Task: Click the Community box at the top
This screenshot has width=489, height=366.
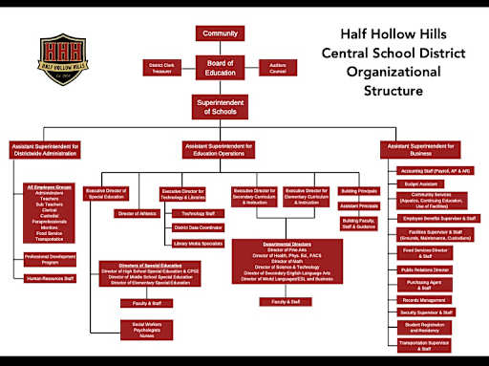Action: coord(220,33)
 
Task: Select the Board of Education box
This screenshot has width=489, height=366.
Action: coord(220,67)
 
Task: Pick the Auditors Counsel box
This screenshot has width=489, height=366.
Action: coord(277,67)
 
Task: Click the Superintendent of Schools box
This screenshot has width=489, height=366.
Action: coord(220,108)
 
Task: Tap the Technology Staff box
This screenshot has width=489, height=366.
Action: coord(198,213)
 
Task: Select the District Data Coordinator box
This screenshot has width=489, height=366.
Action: coord(198,227)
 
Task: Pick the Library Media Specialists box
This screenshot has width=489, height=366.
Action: coord(198,243)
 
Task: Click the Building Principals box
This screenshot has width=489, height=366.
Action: coord(359,191)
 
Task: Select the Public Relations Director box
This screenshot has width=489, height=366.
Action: coord(426,270)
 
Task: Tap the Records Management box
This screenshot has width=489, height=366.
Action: coord(426,300)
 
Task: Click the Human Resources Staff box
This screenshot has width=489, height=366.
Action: coord(51,278)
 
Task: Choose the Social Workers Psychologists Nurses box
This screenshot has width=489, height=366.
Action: coord(138,330)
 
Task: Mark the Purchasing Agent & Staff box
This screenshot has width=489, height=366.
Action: coord(426,285)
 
